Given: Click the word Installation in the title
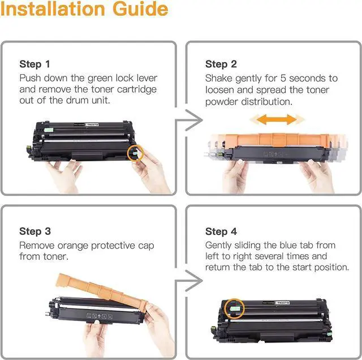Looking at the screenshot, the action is pyautogui.click(x=53, y=9).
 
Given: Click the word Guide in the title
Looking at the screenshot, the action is pyautogui.click(x=140, y=9).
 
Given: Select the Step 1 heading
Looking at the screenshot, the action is pyautogui.click(x=35, y=64).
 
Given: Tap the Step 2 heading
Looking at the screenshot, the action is pyautogui.click(x=221, y=64).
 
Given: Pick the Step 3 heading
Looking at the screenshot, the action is pyautogui.click(x=35, y=232).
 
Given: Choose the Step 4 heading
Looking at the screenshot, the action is pyautogui.click(x=221, y=232).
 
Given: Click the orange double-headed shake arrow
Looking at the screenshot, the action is pyautogui.click(x=277, y=119).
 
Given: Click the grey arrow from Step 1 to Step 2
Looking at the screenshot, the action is pyautogui.click(x=188, y=120).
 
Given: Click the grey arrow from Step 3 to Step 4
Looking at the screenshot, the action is pyautogui.click(x=188, y=281).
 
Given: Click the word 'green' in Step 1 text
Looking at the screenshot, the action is pyautogui.click(x=100, y=79).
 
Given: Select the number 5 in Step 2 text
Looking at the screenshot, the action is pyautogui.click(x=283, y=78).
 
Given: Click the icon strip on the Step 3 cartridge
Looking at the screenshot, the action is pyautogui.click(x=100, y=316).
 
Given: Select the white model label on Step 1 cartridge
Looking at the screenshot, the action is pyautogui.click(x=92, y=125).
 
